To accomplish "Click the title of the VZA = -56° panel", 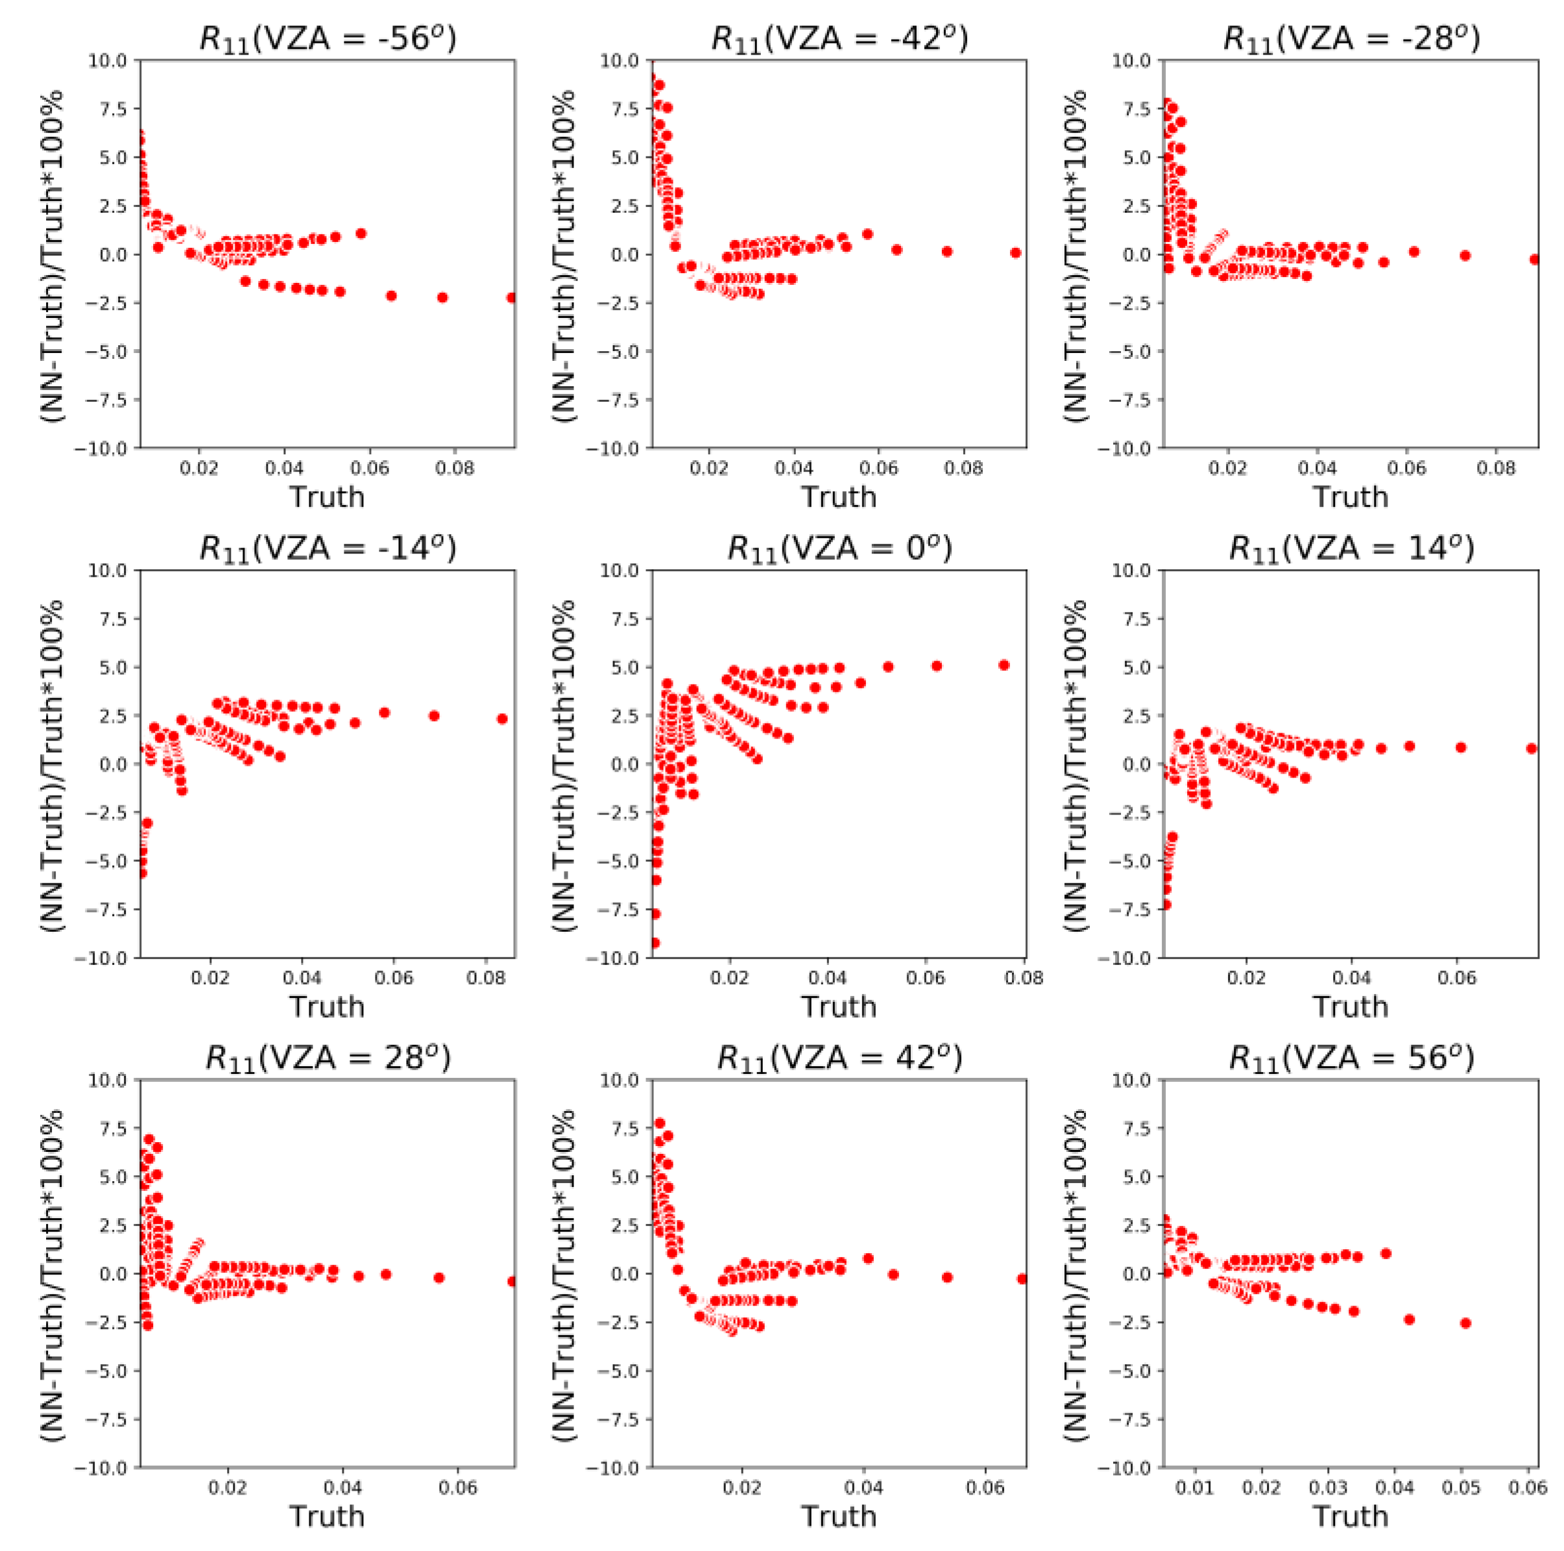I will tap(328, 38).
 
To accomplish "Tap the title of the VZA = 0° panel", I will tap(839, 548).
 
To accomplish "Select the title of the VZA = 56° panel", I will tap(1351, 1058).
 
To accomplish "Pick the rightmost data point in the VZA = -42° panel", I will tap(1015, 252).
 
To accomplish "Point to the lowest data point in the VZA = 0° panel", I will tap(655, 943).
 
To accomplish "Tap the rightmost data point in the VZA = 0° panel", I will tap(1004, 665).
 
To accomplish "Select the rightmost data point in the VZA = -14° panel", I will tap(502, 718).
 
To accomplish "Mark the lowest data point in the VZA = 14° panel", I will tap(1166, 904).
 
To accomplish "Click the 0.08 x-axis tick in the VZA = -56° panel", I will tap(455, 468).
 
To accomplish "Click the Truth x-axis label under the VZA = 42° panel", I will tap(839, 1515).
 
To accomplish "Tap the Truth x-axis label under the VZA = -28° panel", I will tap(1351, 496).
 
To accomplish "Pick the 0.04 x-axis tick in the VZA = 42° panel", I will tap(864, 1488).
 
